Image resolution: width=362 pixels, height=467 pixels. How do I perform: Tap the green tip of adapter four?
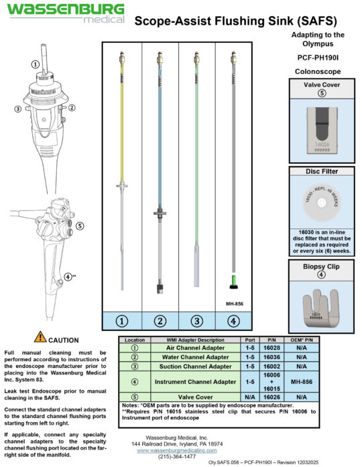[233, 280]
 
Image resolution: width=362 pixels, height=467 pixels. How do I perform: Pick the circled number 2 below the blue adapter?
[160, 321]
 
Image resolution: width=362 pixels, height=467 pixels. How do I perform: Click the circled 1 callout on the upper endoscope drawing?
[34, 64]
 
